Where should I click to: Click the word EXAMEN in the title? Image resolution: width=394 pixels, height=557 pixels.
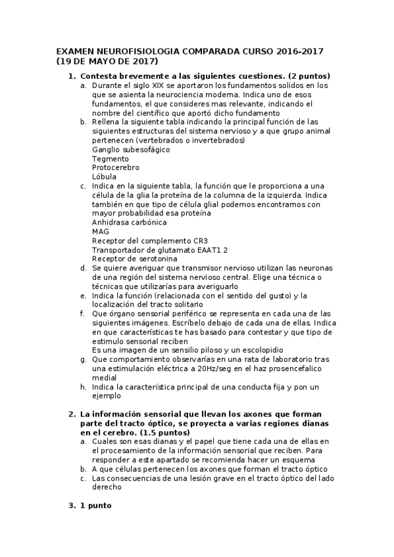point(74,51)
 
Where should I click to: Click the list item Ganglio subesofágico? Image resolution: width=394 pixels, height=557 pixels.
point(131,150)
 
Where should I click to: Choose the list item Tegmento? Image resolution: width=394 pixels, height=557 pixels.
point(110,159)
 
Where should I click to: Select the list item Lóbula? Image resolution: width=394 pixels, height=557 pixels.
point(105,177)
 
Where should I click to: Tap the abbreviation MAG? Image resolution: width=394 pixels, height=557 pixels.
point(101,232)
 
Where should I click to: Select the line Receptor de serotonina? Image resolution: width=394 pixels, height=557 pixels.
point(129,259)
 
